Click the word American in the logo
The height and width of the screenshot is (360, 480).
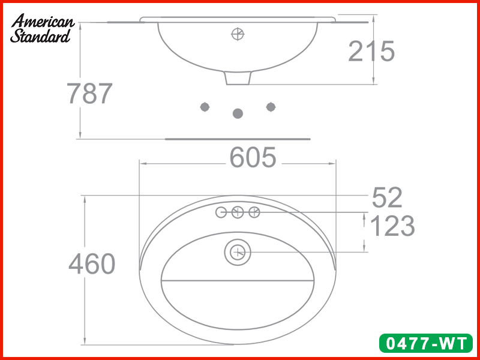tap(43, 21)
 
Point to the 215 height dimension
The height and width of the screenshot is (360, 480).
tap(371, 52)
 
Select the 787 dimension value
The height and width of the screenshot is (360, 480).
tap(89, 94)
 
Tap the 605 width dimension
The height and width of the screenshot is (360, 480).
tap(253, 158)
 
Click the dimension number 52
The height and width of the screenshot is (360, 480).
tap(387, 197)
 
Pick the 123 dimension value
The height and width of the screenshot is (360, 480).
tap(392, 226)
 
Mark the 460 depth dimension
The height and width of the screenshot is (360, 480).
tap(92, 265)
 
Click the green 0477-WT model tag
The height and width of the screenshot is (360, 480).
tap(426, 344)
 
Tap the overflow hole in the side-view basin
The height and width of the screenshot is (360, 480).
tap(238, 34)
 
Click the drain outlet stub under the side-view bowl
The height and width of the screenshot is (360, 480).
tap(238, 79)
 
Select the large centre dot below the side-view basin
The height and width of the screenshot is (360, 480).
tap(238, 113)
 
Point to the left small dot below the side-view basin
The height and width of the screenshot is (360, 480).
tap(205, 107)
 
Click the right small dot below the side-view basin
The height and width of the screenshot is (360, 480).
tap(271, 107)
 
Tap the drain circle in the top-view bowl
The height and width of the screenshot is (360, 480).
tap(238, 252)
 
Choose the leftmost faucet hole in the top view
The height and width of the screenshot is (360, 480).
tap(221, 212)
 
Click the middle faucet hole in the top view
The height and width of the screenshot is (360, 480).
tap(238, 212)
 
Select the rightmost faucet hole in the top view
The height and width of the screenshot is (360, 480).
tap(254, 212)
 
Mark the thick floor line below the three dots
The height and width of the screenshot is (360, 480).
tap(238, 139)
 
